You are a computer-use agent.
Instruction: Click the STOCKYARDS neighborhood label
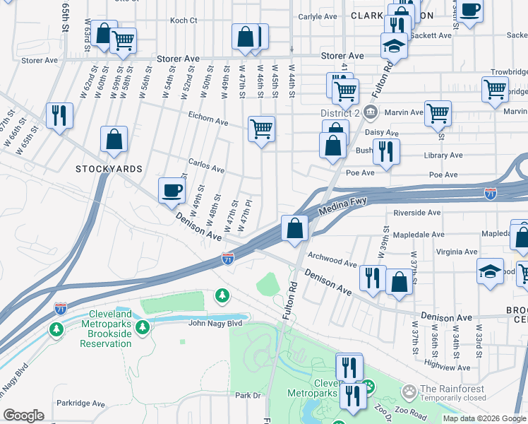(x=109, y=169)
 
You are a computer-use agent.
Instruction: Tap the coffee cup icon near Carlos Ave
(x=172, y=190)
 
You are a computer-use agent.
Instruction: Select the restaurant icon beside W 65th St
(x=59, y=114)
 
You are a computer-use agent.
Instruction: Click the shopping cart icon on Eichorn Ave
(x=261, y=129)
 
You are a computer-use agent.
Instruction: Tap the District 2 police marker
(x=371, y=112)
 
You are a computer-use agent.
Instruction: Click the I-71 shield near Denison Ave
(x=227, y=259)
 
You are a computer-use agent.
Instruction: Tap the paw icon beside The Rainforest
(x=408, y=390)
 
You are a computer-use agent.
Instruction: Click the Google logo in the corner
(x=23, y=416)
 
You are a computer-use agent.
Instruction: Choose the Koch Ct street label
(x=184, y=20)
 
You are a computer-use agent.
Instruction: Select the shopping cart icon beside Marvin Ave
(x=438, y=112)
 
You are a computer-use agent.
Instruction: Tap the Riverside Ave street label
(x=416, y=212)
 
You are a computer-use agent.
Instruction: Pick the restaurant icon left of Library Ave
(x=386, y=151)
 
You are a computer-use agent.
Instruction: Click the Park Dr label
(x=248, y=395)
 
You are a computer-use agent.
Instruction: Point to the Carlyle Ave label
(x=318, y=16)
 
